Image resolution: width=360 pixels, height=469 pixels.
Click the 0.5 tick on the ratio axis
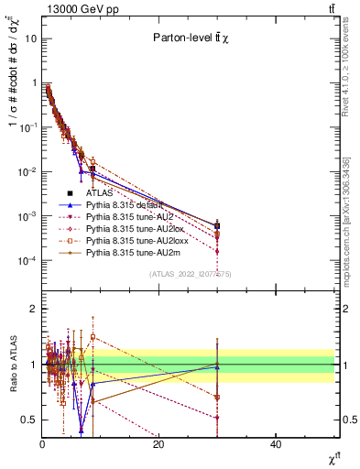pyautogui.click(x=31, y=420)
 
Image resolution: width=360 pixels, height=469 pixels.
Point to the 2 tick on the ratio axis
pyautogui.click(x=34, y=309)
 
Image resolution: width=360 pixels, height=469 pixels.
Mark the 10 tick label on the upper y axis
pyautogui.click(x=28, y=39)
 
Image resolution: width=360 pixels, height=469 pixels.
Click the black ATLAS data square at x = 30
pyautogui.click(x=217, y=225)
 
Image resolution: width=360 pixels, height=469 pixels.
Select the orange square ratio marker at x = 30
pyautogui.click(x=217, y=397)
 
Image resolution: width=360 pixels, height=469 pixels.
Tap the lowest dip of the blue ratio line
pyautogui.click(x=82, y=431)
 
